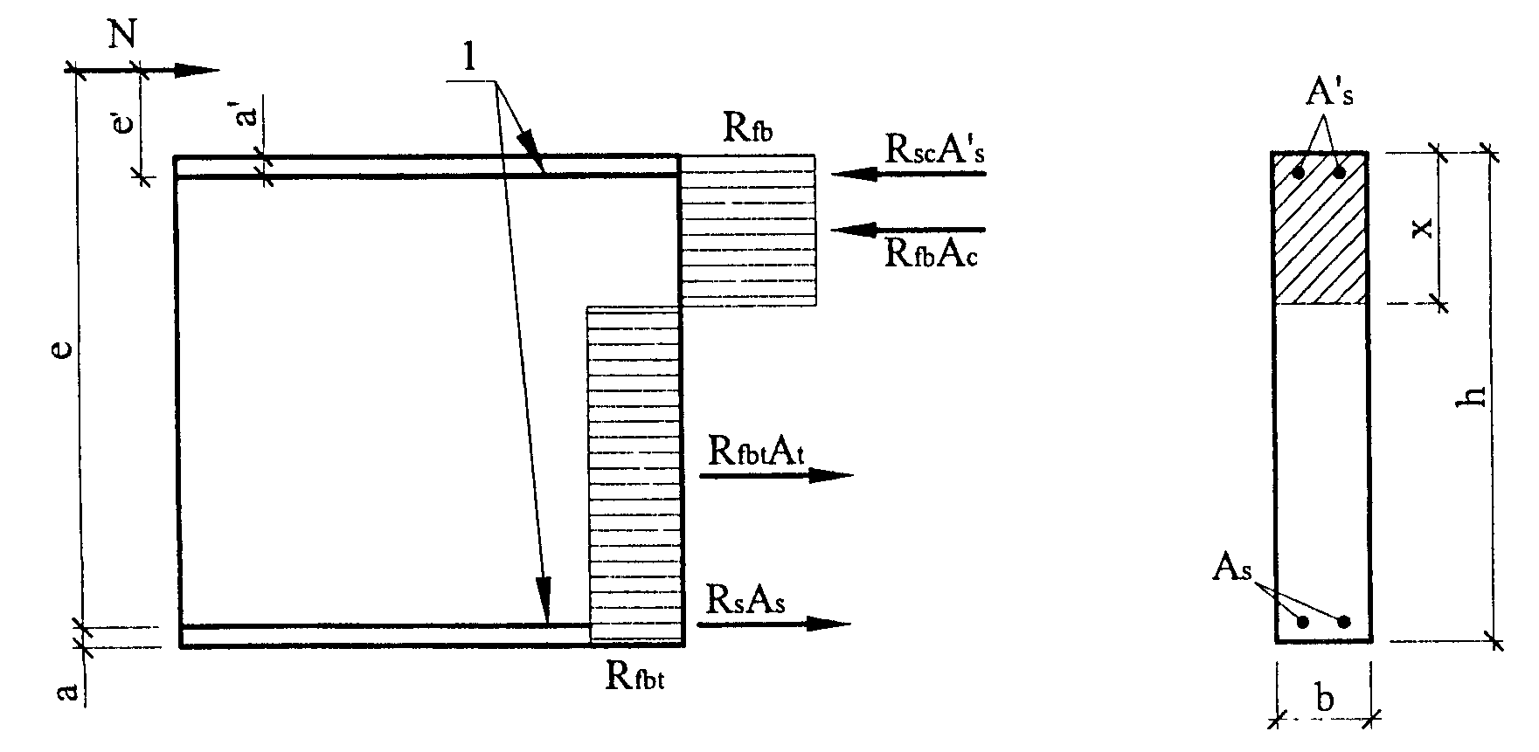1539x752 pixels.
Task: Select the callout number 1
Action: click(x=471, y=57)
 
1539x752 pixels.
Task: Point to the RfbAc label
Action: click(x=931, y=254)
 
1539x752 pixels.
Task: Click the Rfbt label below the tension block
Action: click(x=635, y=676)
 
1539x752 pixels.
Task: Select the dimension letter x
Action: click(x=1422, y=229)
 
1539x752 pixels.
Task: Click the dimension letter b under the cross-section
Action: click(x=1325, y=699)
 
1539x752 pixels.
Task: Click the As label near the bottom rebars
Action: click(x=1232, y=569)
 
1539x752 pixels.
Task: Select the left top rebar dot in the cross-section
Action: click(x=1299, y=173)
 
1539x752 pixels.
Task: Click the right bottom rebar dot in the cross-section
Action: click(x=1344, y=621)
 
